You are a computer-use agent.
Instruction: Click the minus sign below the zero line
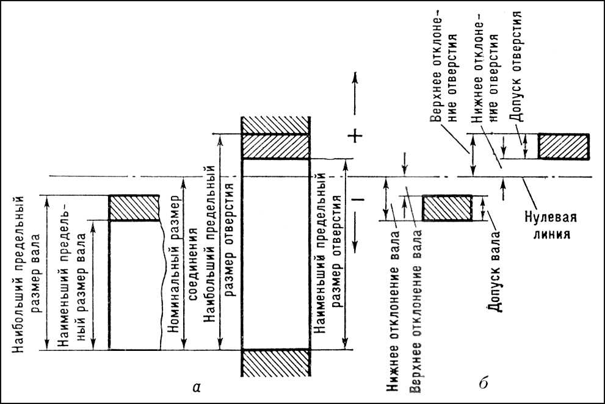point(358,199)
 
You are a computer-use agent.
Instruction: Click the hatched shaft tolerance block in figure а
point(134,208)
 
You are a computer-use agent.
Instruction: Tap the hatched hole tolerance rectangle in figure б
point(563,146)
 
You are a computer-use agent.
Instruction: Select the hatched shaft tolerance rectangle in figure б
point(447,208)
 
